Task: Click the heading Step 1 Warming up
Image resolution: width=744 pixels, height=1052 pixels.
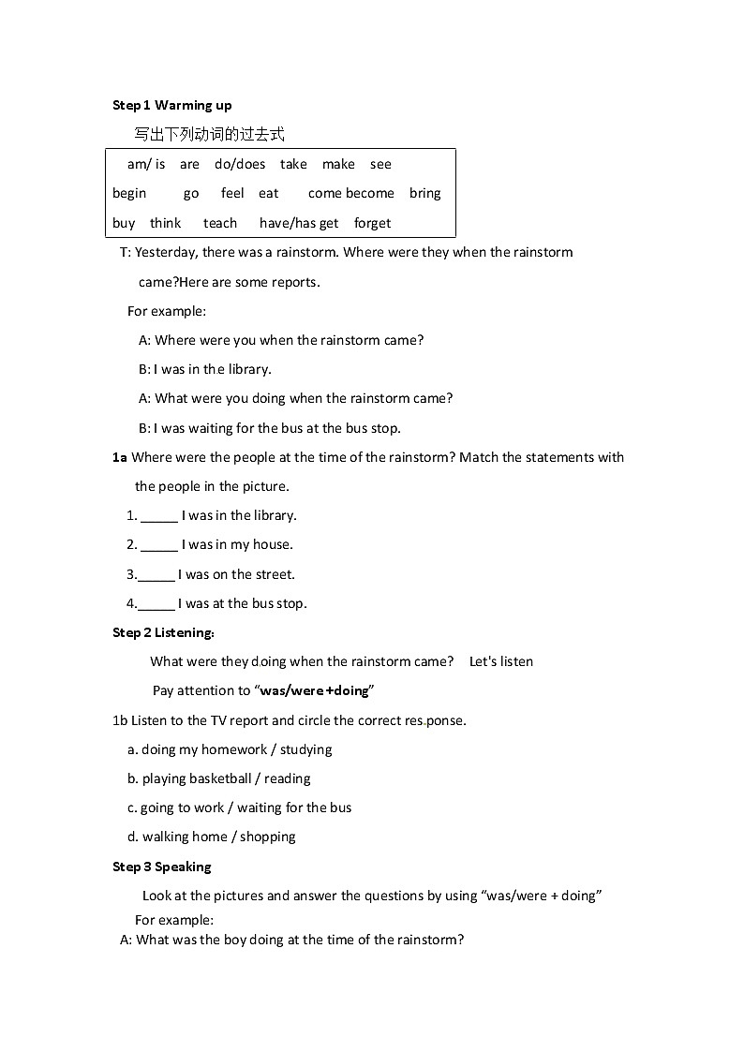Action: [171, 105]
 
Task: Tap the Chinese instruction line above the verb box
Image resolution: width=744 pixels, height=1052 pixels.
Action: [209, 134]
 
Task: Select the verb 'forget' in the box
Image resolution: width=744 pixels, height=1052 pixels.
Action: [372, 223]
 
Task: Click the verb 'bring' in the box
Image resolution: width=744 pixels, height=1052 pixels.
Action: [424, 193]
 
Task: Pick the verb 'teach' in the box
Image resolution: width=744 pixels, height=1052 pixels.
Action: [220, 223]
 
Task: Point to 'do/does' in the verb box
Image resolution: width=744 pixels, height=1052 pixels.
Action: [240, 164]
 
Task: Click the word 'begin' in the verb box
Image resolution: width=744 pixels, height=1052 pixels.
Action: [129, 193]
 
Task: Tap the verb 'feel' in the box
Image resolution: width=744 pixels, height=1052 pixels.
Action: [232, 193]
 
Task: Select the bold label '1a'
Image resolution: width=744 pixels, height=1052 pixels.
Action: [119, 457]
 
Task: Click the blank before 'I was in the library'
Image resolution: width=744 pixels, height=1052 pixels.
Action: [159, 516]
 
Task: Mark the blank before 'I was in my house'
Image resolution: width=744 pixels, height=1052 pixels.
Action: [159, 545]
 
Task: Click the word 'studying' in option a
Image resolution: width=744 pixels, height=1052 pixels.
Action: [305, 749]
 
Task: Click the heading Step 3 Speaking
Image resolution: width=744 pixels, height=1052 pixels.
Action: [162, 867]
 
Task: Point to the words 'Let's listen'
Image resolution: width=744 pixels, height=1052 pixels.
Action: [500, 661]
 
